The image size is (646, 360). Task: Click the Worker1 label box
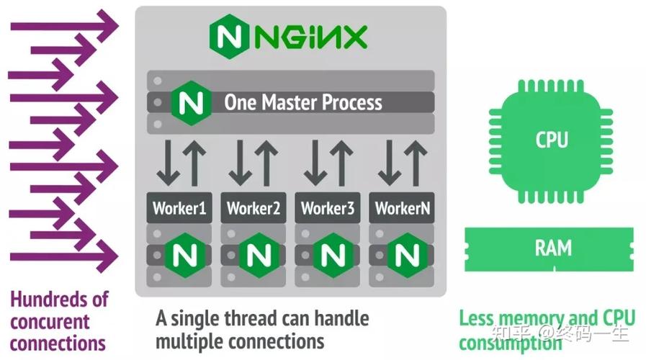pos(179,207)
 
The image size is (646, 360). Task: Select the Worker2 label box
pos(254,207)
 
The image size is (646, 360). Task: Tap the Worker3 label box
pos(328,207)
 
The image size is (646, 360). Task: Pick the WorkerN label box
pos(402,207)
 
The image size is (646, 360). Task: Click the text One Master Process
pos(302,102)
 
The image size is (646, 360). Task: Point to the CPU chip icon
pos(551,141)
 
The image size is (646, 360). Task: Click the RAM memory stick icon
pos(549,249)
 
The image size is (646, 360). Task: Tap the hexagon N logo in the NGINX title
pos(230,37)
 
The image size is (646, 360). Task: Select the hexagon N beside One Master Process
pos(191,103)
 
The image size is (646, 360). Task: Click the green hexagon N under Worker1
pos(184,256)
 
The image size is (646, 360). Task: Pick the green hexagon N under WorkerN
pos(407,256)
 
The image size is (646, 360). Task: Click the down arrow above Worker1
pos(168,163)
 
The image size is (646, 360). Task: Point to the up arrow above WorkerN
pos(416,163)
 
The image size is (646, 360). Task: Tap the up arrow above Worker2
pos(266,163)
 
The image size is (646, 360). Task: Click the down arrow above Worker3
pos(315,163)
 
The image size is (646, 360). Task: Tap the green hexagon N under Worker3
pos(333,256)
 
